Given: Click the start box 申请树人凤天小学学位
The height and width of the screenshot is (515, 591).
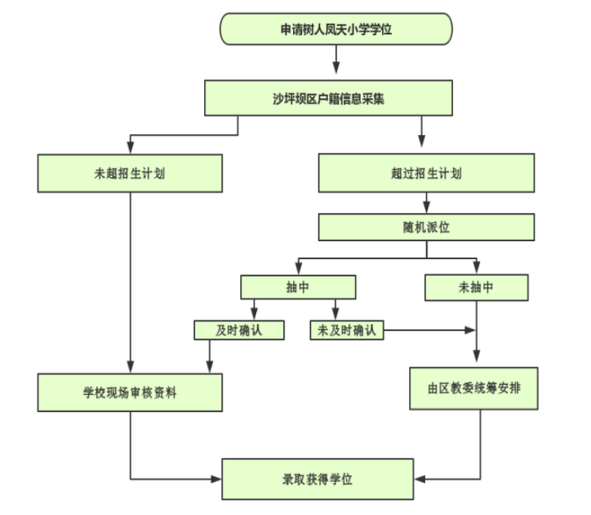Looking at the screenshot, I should pyautogui.click(x=336, y=29).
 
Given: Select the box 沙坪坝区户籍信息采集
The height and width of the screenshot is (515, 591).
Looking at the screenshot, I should pyautogui.click(x=328, y=99).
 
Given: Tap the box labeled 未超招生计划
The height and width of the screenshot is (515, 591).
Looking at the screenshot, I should pyautogui.click(x=130, y=173).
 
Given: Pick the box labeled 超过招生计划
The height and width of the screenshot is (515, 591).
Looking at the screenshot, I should pyautogui.click(x=426, y=173).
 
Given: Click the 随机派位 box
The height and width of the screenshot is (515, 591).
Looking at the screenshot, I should pyautogui.click(x=426, y=227).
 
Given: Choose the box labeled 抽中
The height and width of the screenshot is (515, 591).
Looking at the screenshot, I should pyautogui.click(x=297, y=288).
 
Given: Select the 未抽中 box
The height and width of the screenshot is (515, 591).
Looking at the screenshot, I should pyautogui.click(x=476, y=288).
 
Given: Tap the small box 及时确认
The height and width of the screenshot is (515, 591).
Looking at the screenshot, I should pyautogui.click(x=238, y=330).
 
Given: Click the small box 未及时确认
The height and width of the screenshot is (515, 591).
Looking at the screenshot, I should pyautogui.click(x=347, y=330).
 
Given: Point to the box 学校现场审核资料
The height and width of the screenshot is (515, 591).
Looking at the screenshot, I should pyautogui.click(x=130, y=392).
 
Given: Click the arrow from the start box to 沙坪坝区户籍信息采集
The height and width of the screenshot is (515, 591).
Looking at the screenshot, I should pyautogui.click(x=336, y=62).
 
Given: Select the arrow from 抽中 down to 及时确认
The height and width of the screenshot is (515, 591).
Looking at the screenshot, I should pyautogui.click(x=254, y=310).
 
